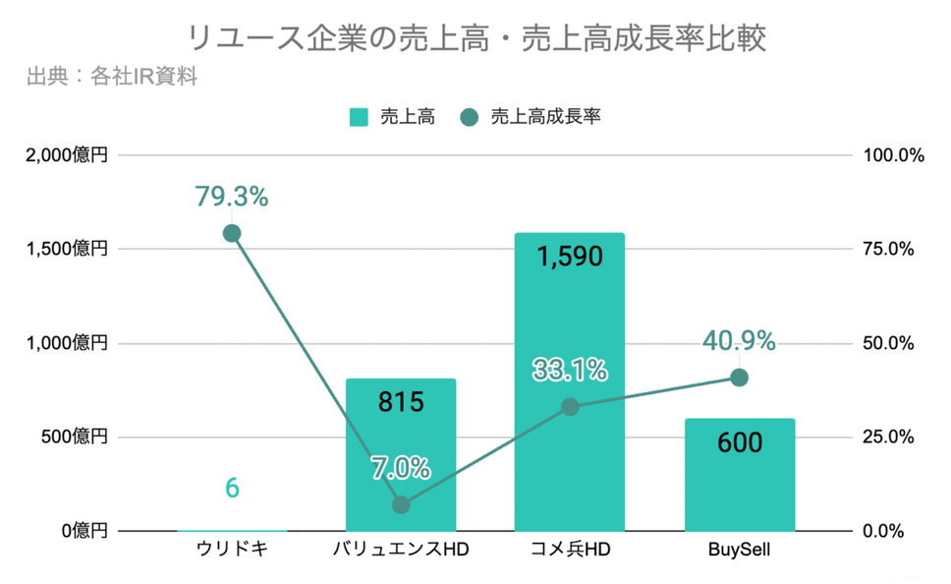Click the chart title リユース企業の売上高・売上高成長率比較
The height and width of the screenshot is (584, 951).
pos(475,38)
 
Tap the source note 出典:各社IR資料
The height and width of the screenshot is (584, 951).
pos(113,76)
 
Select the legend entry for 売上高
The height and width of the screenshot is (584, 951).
pos(392,117)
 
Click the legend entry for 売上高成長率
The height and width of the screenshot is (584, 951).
pos(531,117)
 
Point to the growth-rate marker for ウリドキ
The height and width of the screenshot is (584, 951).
pos(232,233)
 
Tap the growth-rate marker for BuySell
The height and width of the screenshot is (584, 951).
pos(740,378)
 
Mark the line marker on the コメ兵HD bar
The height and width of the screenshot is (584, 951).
pos(570,407)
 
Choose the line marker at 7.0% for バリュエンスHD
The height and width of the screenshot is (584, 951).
pos(401,504)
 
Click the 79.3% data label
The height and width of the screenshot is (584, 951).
pos(231,197)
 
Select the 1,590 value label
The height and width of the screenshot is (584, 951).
pos(570,257)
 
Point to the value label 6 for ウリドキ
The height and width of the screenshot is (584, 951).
pos(232,488)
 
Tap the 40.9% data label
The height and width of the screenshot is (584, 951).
pos(739,341)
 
